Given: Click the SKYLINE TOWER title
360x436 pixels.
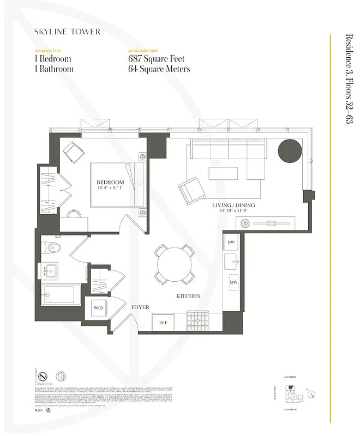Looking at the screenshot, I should tap(67, 32).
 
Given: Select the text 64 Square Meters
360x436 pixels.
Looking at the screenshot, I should tap(159, 69).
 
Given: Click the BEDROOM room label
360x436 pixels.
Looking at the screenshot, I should tap(110, 183).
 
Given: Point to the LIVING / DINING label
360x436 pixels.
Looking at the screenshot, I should tap(233, 205).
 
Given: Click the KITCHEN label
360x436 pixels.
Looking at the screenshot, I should tap(188, 296).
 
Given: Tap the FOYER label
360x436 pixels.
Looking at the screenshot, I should tap(140, 307).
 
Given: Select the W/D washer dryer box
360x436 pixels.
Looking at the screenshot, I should tap(98, 308).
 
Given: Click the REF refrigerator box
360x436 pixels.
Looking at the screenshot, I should tap(163, 322).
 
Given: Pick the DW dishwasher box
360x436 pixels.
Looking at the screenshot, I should tap(231, 242).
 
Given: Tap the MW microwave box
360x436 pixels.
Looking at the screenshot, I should tap(233, 283).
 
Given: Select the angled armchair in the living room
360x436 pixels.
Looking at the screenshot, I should tap(191, 190).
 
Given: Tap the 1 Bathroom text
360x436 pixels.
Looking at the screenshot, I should tap(53, 69).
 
